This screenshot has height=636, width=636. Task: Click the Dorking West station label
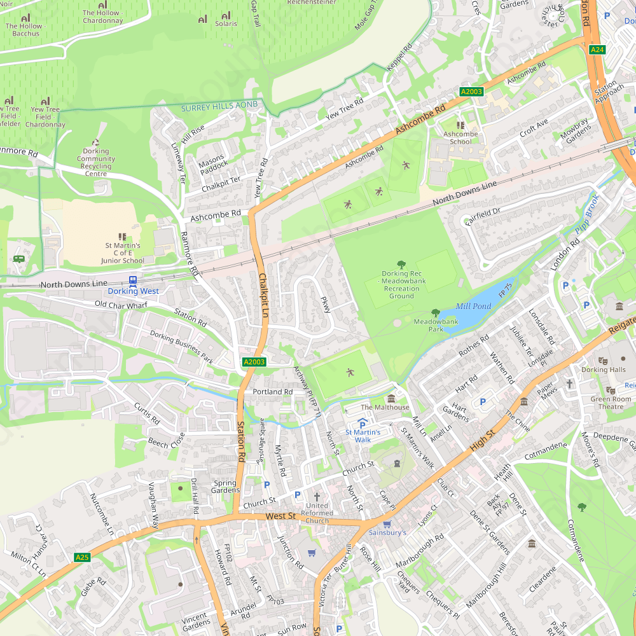click(133, 291)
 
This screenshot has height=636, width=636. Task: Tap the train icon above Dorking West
click(133, 280)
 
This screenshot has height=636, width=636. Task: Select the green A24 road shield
click(597, 50)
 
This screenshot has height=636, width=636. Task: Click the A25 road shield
click(82, 557)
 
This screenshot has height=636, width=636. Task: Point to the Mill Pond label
click(473, 307)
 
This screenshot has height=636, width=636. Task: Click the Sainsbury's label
click(387, 532)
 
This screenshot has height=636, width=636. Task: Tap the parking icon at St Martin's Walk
click(363, 423)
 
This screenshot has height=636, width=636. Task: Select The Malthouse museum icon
click(391, 398)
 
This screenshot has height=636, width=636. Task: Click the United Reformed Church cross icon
click(317, 496)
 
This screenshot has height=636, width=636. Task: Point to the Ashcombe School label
click(460, 137)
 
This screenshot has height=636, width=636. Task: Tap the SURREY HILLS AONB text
click(219, 108)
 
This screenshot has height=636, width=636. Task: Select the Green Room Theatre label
click(611, 403)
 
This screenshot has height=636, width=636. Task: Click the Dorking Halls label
click(604, 370)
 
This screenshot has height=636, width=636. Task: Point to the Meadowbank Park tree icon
click(436, 312)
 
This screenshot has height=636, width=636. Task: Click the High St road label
click(482, 440)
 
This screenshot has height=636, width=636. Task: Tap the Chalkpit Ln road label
click(263, 295)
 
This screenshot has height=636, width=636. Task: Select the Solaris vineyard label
click(226, 24)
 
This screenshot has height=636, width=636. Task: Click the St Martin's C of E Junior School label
click(123, 252)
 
